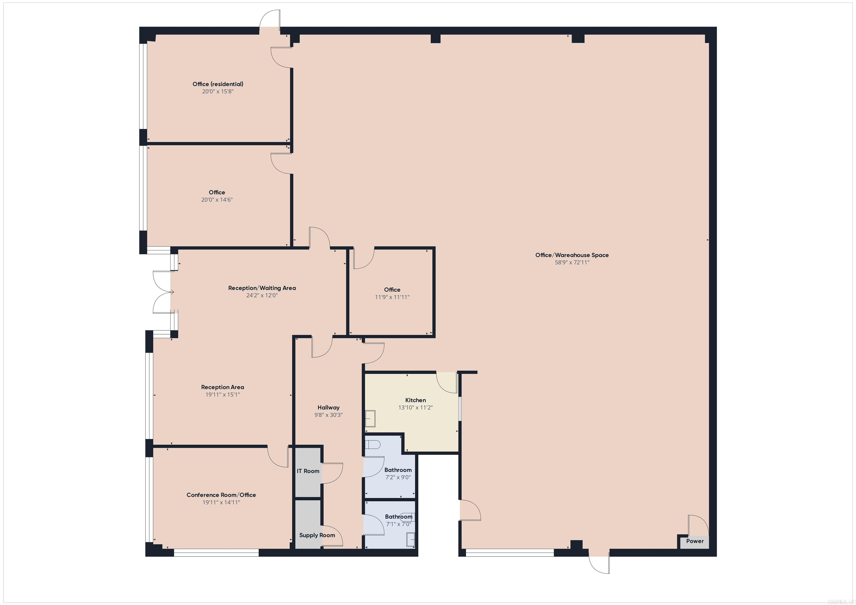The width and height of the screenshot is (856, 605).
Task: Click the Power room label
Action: click(695, 541)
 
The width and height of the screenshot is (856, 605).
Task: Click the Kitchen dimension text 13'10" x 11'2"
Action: click(415, 408)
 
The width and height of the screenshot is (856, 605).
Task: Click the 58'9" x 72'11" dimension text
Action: click(572, 262)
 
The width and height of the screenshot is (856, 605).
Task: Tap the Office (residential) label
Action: click(218, 84)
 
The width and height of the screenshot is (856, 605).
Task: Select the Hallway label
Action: click(329, 408)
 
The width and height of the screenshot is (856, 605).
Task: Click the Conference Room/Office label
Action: click(221, 495)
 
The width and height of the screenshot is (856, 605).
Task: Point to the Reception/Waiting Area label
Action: click(262, 288)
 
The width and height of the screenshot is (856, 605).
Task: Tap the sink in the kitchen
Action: click(370, 418)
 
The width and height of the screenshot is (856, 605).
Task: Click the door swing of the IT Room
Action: click(332, 473)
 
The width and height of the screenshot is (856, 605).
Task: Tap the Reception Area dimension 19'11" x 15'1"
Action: click(223, 394)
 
